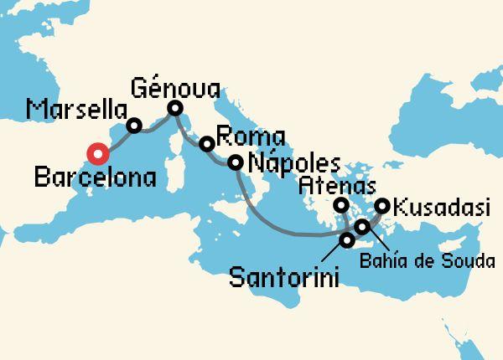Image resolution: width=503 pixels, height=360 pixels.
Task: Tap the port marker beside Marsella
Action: (133, 126)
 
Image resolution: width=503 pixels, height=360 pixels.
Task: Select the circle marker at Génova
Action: (175, 108)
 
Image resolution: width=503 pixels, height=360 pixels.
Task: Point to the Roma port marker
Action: (205, 144)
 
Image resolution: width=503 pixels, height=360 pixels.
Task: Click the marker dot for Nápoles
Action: (236, 162)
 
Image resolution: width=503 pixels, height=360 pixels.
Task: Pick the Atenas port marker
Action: (341, 204)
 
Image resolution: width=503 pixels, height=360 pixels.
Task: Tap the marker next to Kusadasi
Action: (381, 204)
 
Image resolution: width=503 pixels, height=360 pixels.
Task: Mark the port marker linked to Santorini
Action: (347, 241)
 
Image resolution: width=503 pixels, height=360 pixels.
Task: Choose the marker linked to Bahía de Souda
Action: (361, 227)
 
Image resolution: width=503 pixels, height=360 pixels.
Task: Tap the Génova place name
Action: (176, 86)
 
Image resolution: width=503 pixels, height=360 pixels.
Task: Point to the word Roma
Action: (251, 136)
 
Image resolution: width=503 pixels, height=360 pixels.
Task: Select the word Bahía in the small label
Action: (388, 261)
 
